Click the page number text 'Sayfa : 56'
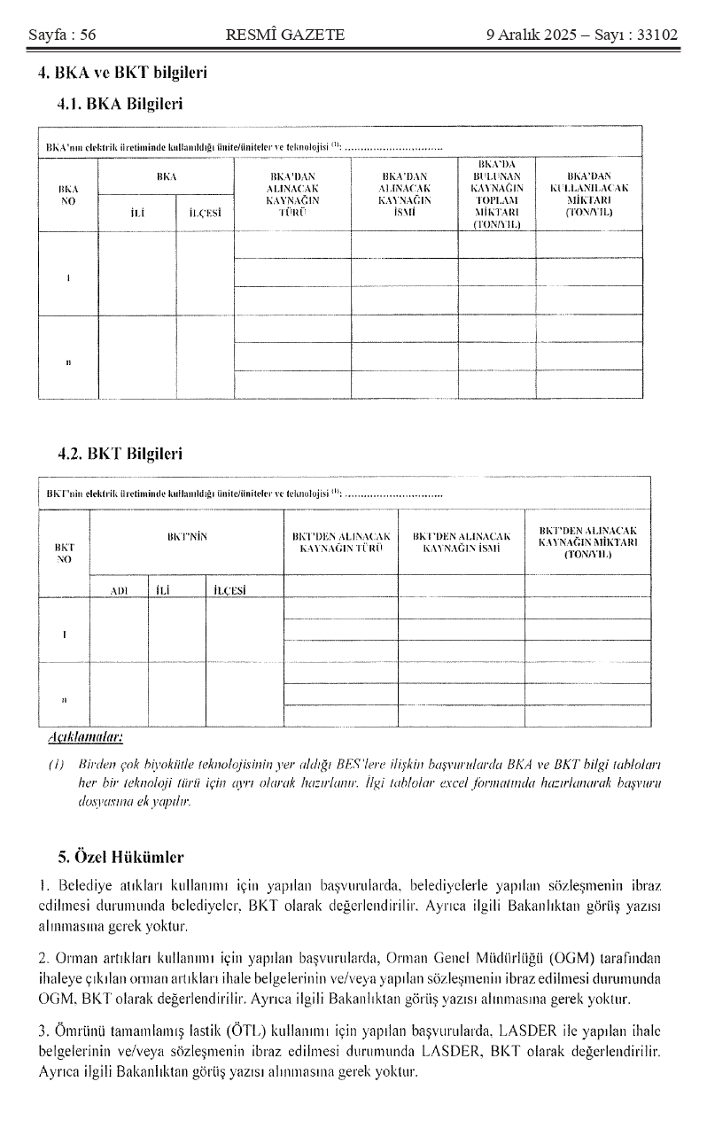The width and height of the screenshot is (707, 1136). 62,35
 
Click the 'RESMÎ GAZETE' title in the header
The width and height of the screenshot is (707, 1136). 285,35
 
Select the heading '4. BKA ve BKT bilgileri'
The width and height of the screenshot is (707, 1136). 123,73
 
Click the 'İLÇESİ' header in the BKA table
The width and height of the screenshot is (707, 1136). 205,213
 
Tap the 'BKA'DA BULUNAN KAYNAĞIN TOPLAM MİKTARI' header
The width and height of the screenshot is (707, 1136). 496,194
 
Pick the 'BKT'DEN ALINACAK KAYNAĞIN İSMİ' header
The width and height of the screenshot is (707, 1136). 462,542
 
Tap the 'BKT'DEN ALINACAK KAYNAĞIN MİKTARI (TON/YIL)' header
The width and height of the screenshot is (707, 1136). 588,541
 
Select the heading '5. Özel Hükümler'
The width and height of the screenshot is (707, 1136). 120,857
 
